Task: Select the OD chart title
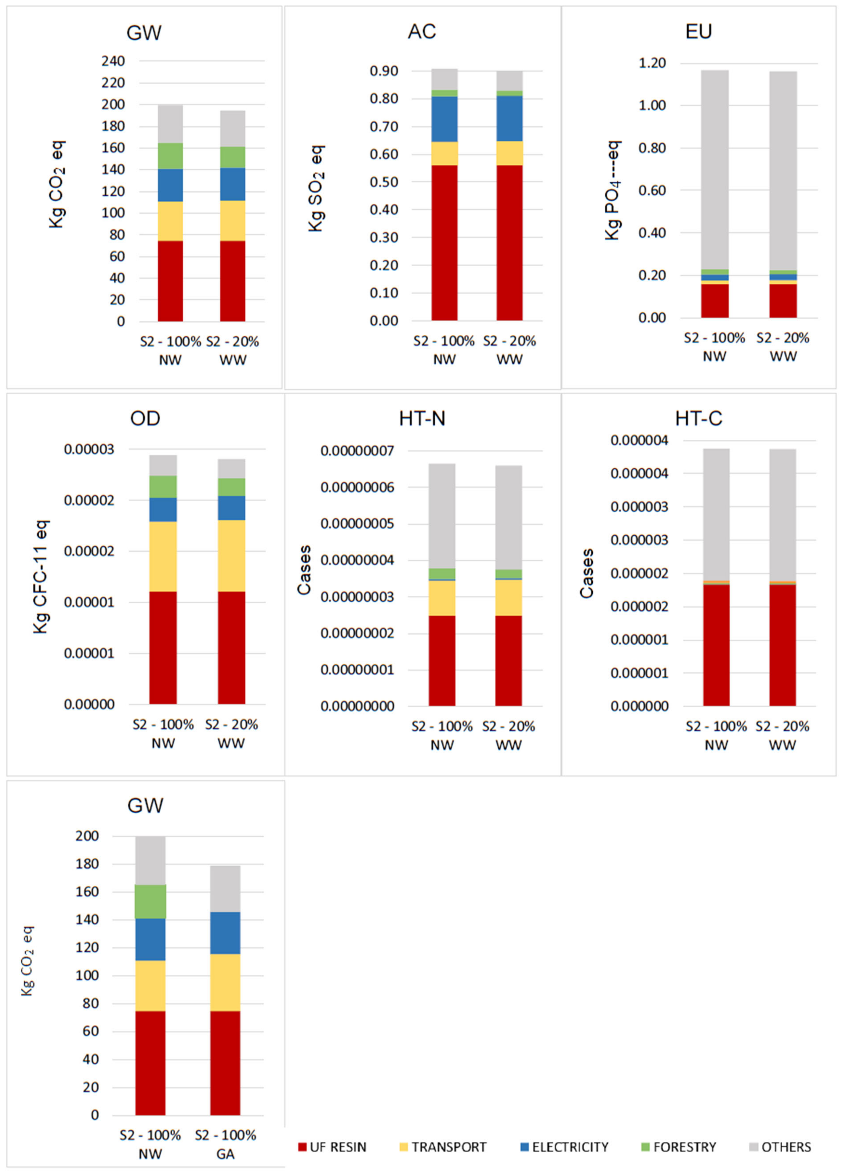click(145, 418)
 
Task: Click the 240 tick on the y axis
click(113, 61)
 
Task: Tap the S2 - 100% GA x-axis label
click(226, 1144)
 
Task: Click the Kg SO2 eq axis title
click(316, 189)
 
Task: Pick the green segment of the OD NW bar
click(163, 486)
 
